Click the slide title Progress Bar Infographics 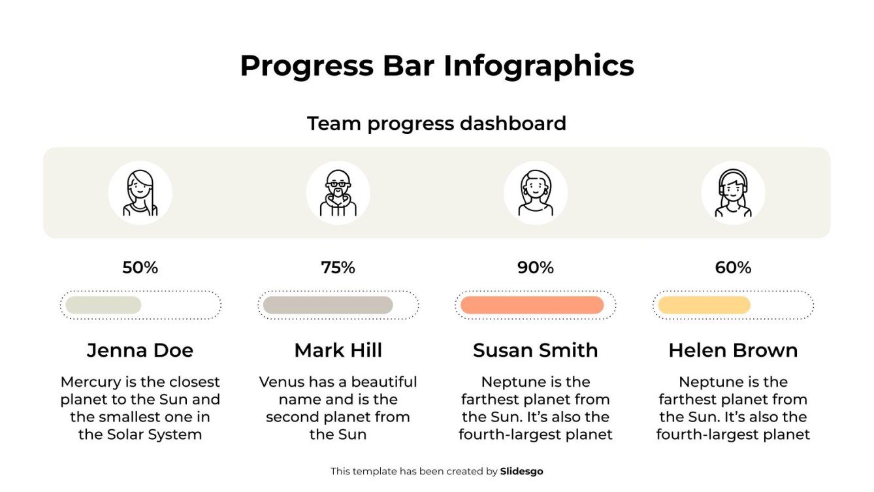436,66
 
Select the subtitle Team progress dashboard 436,123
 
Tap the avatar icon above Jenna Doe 140,193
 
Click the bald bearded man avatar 338,193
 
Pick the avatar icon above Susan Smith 536,193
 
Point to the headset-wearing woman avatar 733,193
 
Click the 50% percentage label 140,268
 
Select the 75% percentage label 338,268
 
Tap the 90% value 536,268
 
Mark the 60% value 733,268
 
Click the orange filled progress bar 532,305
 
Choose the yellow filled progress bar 704,305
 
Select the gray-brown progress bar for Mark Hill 328,305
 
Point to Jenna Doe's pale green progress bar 103,305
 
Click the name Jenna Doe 140,350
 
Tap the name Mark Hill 338,350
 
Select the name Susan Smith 536,350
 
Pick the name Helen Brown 733,350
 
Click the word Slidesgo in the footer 521,471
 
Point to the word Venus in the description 280,382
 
